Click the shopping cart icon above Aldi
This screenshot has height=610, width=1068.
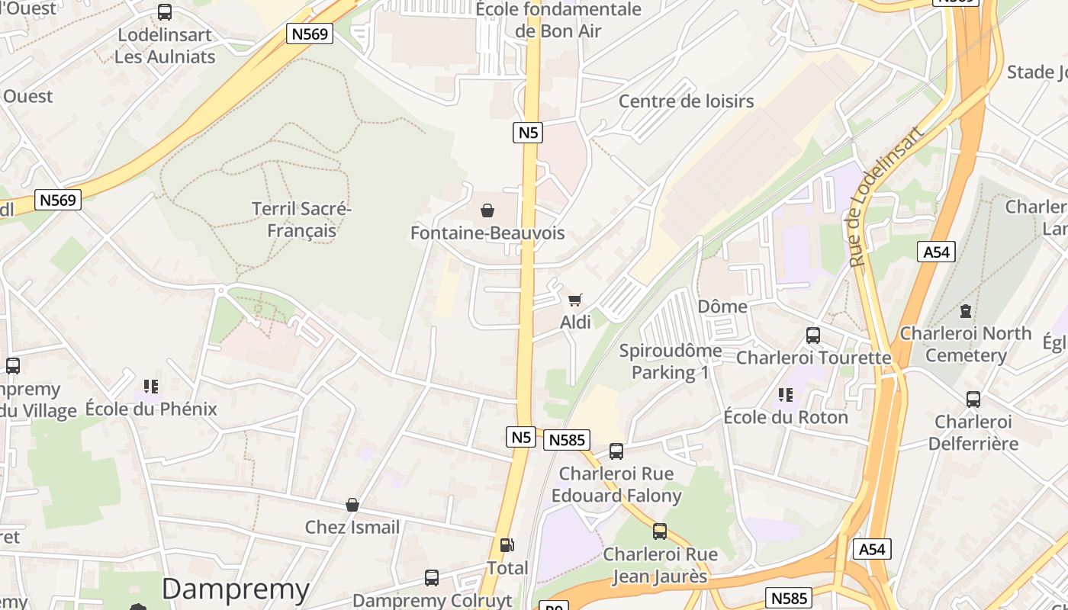(575, 300)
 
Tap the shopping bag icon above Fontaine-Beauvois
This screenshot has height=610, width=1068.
(487, 210)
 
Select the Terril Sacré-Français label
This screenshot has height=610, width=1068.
(301, 220)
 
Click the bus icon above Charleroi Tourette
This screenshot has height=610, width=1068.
(813, 335)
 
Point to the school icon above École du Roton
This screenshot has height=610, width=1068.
(785, 395)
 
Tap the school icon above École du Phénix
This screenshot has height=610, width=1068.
(151, 387)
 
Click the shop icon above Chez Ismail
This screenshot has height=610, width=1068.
(352, 505)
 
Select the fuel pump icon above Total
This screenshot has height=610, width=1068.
(507, 545)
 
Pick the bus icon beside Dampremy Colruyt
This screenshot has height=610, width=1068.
(432, 578)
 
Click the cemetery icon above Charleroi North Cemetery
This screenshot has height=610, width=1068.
(966, 311)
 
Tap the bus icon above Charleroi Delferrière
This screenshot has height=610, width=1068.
(973, 400)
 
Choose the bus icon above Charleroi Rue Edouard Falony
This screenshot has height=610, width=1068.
(616, 451)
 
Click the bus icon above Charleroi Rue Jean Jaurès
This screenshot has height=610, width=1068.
(660, 531)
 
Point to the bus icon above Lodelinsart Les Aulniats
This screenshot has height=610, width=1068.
(165, 12)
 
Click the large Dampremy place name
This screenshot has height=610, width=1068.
(236, 589)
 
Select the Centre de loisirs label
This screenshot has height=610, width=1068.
(686, 101)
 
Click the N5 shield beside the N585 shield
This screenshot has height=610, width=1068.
(520, 437)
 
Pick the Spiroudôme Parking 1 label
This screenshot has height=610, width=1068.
(671, 361)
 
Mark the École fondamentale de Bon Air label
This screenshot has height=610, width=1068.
(558, 21)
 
